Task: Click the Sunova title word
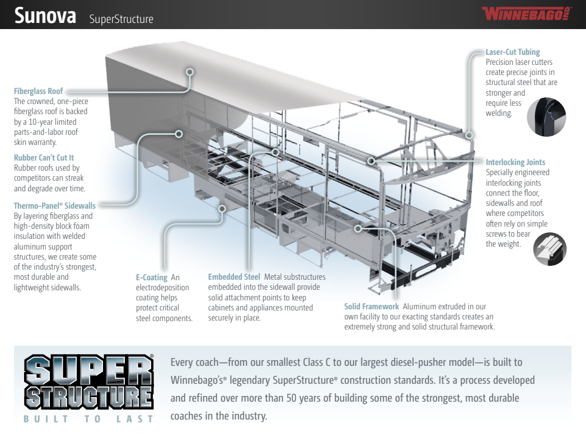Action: (45, 16)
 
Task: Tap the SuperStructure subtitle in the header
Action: (121, 19)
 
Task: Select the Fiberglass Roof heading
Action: (39, 91)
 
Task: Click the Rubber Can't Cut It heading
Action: (44, 158)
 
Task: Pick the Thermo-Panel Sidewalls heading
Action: (54, 206)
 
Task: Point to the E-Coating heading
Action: (151, 277)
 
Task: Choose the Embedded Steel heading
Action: (234, 277)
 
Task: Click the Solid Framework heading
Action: (372, 307)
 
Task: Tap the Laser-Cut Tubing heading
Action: (513, 52)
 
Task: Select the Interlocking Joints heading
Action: (515, 162)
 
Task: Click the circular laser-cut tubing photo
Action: (546, 117)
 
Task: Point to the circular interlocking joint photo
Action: (550, 249)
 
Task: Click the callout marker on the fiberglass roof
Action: (190, 72)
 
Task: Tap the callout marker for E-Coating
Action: (222, 208)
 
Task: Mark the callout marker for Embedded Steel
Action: (276, 152)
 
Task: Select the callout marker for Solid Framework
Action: (358, 228)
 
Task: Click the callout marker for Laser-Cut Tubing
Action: (470, 135)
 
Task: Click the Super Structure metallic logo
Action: (89, 382)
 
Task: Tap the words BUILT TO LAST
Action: (88, 419)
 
